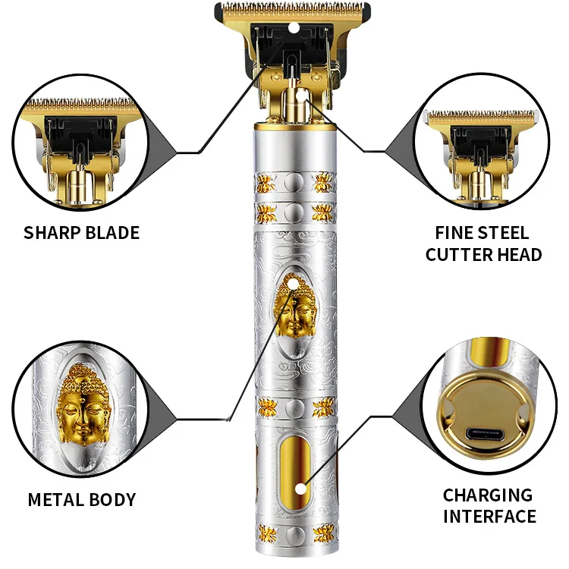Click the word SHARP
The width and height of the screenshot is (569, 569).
[x=52, y=232]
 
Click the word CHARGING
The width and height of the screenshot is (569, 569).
[x=488, y=495]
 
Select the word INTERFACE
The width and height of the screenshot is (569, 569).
[x=488, y=517]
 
